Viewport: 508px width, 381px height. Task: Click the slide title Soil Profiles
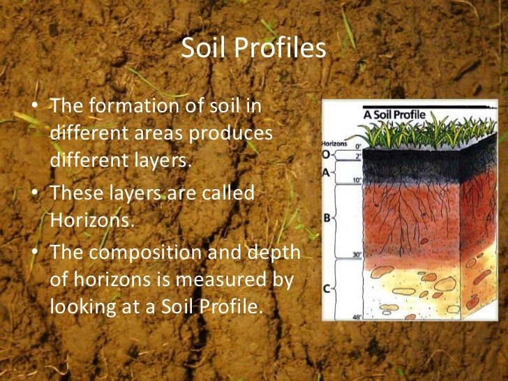tap(253, 49)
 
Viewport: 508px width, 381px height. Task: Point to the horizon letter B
tap(327, 218)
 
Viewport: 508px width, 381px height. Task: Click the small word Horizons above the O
tap(334, 143)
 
